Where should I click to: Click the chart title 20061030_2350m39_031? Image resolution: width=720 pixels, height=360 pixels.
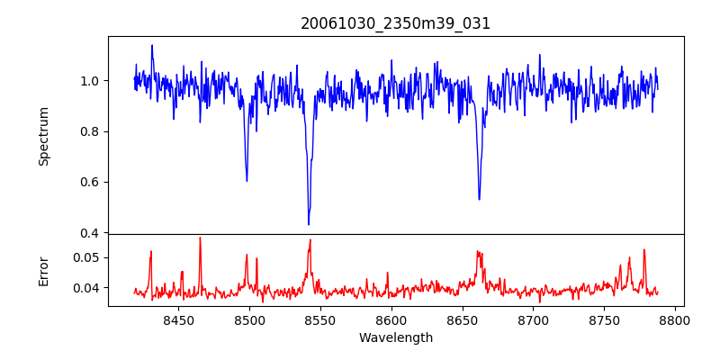pyautogui.click(x=396, y=23)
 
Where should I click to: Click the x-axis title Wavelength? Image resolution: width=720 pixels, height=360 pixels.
pyautogui.click(x=396, y=337)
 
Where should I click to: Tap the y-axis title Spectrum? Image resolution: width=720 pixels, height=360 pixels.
pyautogui.click(x=44, y=136)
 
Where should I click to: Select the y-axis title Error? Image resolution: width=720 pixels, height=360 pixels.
pyautogui.click(x=44, y=270)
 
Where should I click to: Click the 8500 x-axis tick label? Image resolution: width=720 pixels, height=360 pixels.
pyautogui.click(x=249, y=319)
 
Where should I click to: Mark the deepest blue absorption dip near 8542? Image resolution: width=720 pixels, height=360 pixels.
pyautogui.click(x=309, y=223)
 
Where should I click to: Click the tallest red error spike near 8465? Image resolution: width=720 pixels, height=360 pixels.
pyautogui.click(x=200, y=238)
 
